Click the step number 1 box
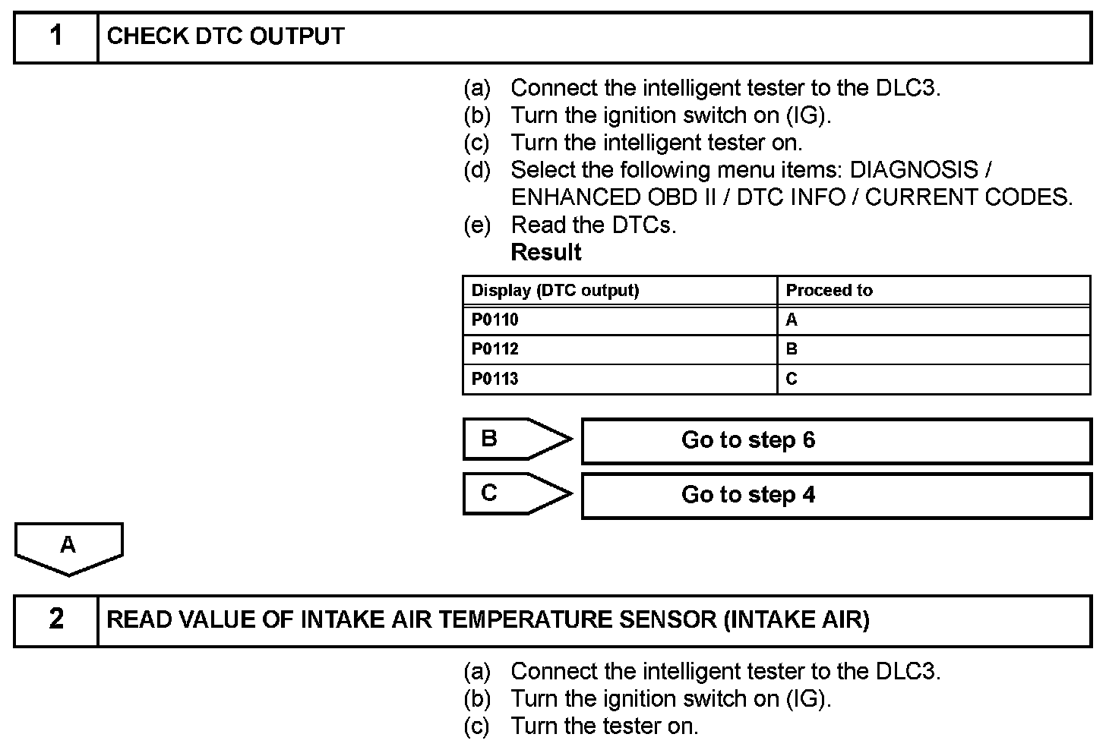click(55, 36)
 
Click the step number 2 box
click(55, 619)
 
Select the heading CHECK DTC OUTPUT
click(226, 36)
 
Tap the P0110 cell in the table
click(619, 320)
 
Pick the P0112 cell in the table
click(619, 349)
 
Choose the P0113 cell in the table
click(619, 379)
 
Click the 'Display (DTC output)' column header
click(555, 290)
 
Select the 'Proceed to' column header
click(829, 290)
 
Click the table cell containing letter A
click(934, 320)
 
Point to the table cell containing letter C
click(934, 379)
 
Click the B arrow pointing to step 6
click(517, 439)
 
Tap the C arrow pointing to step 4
click(517, 493)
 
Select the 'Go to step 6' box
click(836, 440)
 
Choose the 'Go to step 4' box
click(836, 495)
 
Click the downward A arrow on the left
click(68, 547)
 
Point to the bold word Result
click(546, 252)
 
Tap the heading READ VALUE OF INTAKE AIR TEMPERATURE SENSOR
click(488, 619)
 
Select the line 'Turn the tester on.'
click(604, 726)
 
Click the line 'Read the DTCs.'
click(593, 225)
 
